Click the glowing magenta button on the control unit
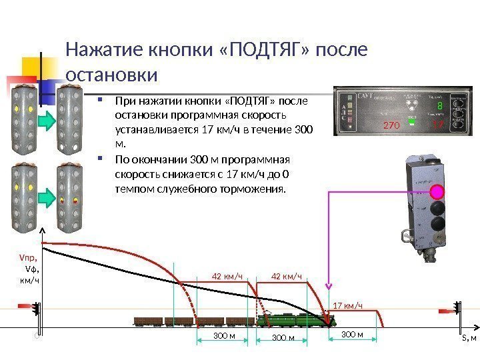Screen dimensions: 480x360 tap(437, 192)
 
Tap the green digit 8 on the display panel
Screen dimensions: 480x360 tap(439, 107)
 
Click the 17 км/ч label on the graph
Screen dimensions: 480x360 tap(347, 305)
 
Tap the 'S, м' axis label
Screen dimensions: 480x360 tap(469, 338)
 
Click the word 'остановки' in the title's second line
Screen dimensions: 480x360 tap(112, 73)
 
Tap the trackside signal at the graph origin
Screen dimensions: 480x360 tap(37, 311)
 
